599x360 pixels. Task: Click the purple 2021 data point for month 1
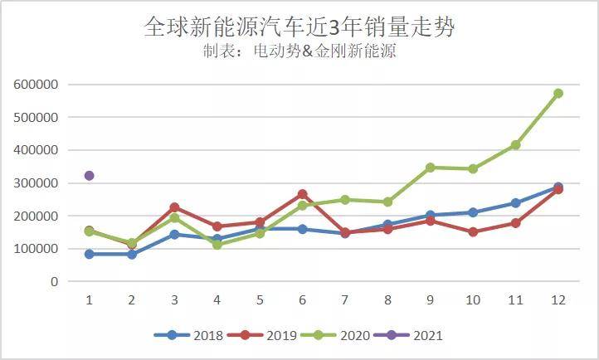[x=89, y=176]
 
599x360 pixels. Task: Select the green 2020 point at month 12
[x=558, y=93]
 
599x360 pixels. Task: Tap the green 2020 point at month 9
[x=430, y=168]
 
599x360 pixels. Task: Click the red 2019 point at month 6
[x=302, y=194]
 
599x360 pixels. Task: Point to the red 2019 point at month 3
[x=174, y=207]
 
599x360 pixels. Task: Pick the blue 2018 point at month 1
[x=89, y=254]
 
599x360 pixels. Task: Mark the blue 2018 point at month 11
[x=515, y=203]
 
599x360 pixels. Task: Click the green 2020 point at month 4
[x=217, y=245]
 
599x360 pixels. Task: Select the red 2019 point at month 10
[x=473, y=232]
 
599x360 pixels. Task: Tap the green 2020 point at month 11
[x=515, y=145]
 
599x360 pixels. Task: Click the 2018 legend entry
[x=189, y=336]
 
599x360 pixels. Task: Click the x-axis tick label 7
[x=345, y=299]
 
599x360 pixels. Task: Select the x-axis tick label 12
[x=558, y=299]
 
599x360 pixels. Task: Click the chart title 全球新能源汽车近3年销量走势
[x=299, y=27]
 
